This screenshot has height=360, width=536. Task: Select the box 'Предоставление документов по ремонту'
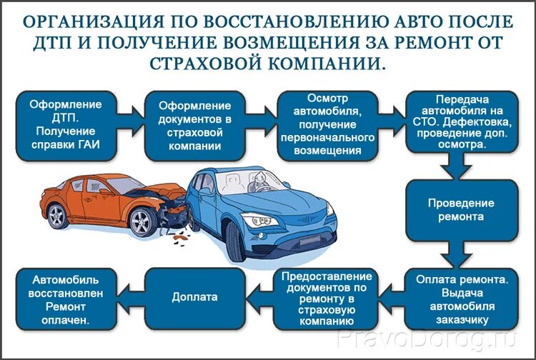327,298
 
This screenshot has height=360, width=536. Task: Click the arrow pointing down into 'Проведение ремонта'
451,170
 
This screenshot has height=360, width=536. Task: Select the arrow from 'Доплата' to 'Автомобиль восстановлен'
126,296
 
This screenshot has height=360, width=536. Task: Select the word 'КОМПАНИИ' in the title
326,63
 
